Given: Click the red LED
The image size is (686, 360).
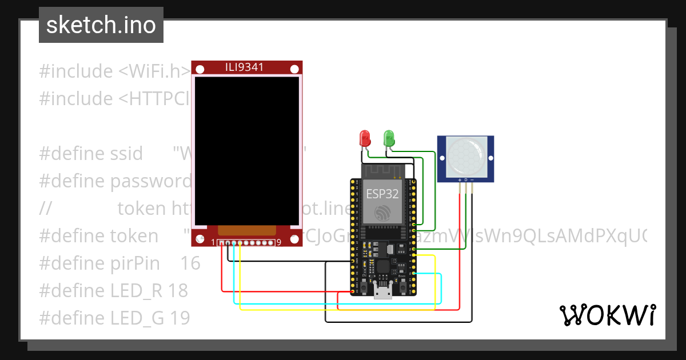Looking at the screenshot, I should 364,138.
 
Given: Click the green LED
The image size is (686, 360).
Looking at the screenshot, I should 389,137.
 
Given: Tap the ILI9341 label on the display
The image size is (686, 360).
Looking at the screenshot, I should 245,67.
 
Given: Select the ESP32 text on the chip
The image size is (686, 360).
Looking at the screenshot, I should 382,194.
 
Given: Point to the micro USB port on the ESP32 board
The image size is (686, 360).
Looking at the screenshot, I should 382,292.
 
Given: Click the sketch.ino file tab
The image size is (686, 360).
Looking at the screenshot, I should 101,25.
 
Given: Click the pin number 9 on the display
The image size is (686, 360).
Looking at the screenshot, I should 278,243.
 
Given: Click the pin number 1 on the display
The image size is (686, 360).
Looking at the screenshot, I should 214,243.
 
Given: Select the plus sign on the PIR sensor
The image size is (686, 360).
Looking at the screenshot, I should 459,179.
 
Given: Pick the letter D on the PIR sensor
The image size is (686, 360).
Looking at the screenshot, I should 466,179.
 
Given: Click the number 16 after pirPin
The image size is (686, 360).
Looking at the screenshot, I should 190,263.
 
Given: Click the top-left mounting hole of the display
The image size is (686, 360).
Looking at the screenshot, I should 200,69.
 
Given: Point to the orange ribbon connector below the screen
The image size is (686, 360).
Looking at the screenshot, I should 246,230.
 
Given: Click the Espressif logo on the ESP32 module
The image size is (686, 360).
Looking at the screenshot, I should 382,213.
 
